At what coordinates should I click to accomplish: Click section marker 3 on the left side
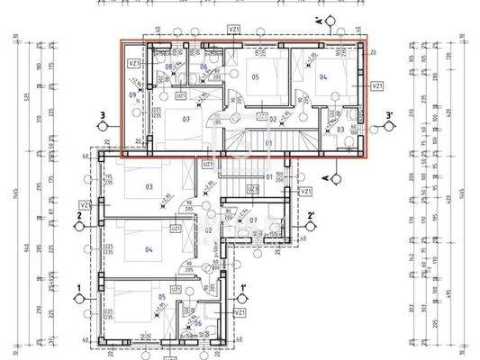click(106, 114)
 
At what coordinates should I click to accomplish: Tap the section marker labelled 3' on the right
click(387, 115)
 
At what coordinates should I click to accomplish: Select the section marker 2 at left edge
click(80, 216)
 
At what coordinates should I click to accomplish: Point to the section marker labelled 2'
click(310, 216)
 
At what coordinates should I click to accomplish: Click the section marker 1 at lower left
click(81, 288)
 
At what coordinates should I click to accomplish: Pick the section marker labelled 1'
click(243, 289)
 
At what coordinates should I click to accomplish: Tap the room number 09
click(133, 94)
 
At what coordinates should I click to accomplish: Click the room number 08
click(169, 67)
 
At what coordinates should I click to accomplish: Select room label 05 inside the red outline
click(255, 77)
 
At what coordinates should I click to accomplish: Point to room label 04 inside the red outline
click(324, 77)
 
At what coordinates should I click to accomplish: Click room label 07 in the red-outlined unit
click(186, 118)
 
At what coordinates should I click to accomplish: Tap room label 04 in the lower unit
click(149, 250)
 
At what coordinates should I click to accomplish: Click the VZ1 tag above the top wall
click(233, 29)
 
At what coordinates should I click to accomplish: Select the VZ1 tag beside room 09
click(134, 64)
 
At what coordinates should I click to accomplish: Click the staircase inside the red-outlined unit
click(267, 142)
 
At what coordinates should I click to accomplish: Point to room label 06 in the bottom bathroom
click(210, 322)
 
